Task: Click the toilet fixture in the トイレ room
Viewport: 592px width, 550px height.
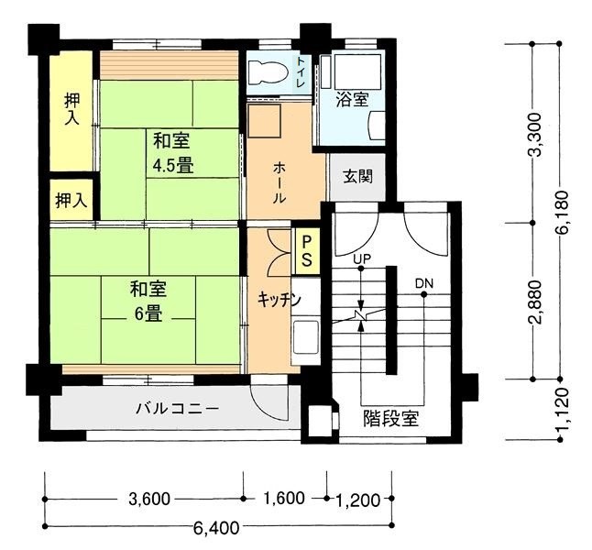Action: point(269,71)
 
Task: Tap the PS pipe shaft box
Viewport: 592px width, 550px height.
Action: point(307,251)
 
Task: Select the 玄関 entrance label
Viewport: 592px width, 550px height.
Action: point(357,176)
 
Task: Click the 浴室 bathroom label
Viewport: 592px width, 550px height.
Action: point(352,100)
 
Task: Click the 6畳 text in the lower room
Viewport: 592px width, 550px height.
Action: point(149,313)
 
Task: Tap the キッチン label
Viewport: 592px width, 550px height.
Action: point(279,299)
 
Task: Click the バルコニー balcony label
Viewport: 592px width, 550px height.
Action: point(178,409)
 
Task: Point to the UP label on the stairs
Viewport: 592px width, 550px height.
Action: point(362,258)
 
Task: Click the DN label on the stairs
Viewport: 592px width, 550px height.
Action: point(424,283)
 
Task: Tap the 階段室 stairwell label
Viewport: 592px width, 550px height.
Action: point(391,418)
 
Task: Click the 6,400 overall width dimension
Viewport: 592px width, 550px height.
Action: point(216,527)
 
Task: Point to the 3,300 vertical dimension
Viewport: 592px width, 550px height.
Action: point(535,135)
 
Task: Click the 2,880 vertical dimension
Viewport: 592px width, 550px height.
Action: point(536,302)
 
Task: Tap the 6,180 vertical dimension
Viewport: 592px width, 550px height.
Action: point(562,213)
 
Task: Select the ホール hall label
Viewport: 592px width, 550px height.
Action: point(279,182)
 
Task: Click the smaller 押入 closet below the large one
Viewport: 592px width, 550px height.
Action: point(71,200)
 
